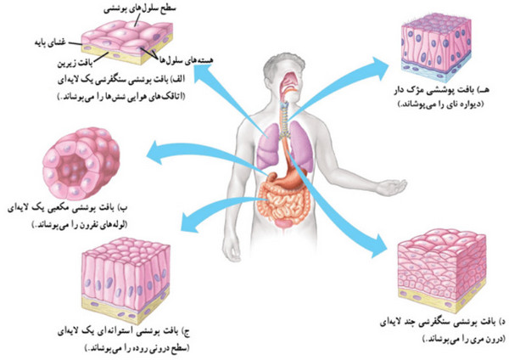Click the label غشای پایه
50,42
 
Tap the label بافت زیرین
75,63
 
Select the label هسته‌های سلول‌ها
186,59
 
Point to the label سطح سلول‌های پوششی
140,8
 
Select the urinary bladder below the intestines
283,224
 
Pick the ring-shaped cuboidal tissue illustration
81,163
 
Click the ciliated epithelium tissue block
436,47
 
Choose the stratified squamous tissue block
442,269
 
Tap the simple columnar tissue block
126,279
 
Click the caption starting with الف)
121,79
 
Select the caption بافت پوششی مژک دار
441,90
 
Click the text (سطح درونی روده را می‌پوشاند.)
137,348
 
